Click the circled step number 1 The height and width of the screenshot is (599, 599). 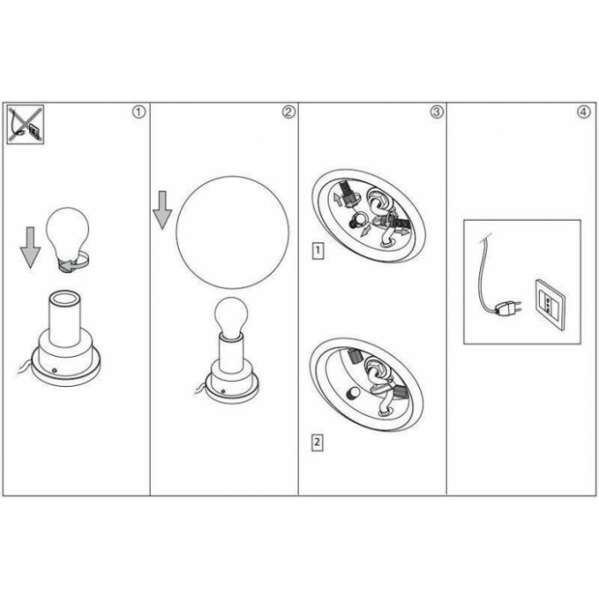click(139, 112)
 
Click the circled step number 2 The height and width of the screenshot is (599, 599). click(289, 112)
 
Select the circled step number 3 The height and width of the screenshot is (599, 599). click(437, 112)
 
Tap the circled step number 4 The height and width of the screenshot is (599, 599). click(584, 112)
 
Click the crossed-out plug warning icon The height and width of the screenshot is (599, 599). click(26, 125)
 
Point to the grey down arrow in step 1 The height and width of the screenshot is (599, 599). click(30, 247)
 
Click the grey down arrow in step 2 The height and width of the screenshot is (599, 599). click(163, 210)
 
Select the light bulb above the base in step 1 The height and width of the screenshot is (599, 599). click(68, 240)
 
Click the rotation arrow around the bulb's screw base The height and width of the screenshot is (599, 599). click(75, 263)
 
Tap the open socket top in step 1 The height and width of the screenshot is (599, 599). click(65, 298)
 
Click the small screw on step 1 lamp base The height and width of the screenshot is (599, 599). click(55, 371)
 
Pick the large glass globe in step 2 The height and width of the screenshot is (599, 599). click(232, 232)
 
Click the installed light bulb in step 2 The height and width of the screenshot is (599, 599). click(231, 318)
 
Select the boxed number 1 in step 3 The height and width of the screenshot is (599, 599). click(317, 251)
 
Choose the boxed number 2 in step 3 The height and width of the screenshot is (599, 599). click(317, 442)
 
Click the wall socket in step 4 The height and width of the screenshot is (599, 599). click(549, 305)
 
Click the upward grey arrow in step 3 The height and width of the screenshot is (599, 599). click(338, 199)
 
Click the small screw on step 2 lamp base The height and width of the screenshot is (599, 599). click(222, 391)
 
